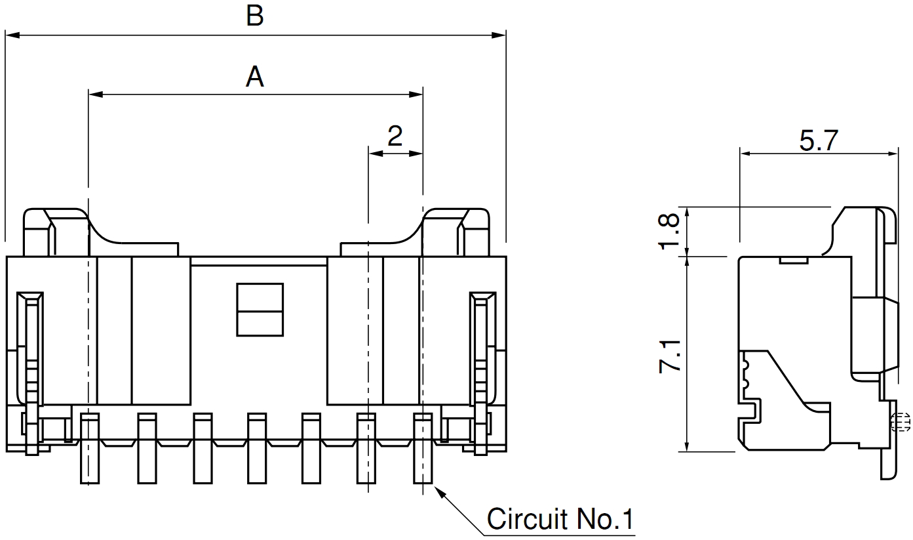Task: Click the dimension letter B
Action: pos(255,16)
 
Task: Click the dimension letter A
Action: pos(255,77)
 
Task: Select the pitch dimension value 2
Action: pos(395,136)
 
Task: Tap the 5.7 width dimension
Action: pos(819,140)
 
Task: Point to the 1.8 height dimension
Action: pos(670,230)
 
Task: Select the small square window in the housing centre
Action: pos(260,310)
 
